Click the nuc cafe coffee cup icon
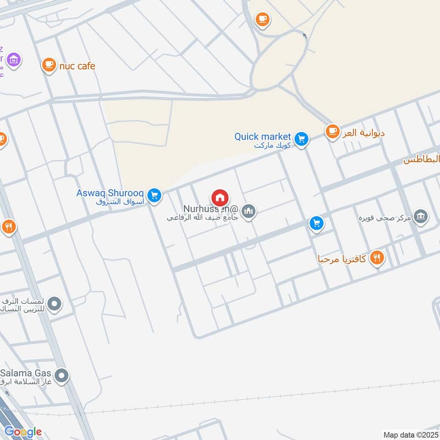pos(49,65)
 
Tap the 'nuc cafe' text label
pos(77,66)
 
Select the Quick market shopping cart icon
pos(300,139)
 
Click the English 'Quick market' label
pos(262,136)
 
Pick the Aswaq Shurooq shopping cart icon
pos(155,195)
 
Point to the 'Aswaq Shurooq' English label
pos(111,193)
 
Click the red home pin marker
pos(220,197)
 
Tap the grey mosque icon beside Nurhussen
pos(249,211)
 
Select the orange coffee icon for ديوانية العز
pos(332,131)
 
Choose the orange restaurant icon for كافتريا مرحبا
pos(377,257)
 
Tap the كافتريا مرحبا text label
pos(342,258)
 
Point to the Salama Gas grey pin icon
pos(62,376)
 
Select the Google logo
pos(23,432)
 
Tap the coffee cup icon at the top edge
pos(262,20)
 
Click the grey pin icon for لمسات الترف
pos(54,303)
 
